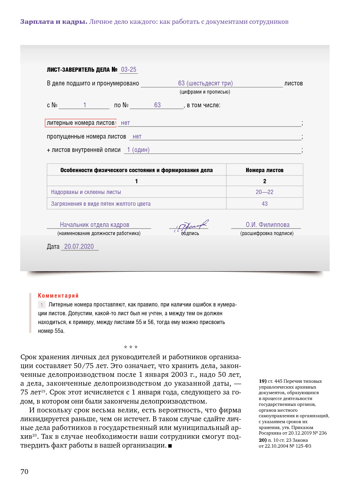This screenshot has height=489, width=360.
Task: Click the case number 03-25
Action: click(128, 69)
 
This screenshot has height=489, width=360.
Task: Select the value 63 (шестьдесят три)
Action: click(205, 83)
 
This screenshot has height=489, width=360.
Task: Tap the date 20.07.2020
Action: click(79, 246)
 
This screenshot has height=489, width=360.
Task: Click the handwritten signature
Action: click(190, 225)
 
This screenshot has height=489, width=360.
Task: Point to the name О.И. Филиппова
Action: click(267, 225)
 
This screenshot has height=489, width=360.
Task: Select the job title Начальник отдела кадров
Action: click(95, 225)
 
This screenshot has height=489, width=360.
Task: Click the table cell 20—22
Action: click(264, 192)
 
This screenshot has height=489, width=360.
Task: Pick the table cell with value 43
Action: click(264, 204)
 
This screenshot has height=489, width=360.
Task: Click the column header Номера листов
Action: click(264, 170)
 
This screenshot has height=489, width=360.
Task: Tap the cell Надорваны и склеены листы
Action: click(86, 192)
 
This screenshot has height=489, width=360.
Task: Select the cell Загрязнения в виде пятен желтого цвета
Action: click(101, 204)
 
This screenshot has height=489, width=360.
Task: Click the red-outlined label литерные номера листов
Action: click(81, 123)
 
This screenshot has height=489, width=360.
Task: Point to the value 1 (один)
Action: click(138, 150)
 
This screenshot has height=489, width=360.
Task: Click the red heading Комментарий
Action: click(58, 296)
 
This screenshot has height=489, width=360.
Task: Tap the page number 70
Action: click(24, 471)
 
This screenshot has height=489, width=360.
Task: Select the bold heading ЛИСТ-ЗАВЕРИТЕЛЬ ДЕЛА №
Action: click(82, 69)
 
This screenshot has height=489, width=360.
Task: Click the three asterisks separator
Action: click(131, 347)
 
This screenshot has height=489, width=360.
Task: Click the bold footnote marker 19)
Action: click(262, 381)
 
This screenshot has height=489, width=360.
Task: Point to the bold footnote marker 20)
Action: click(262, 440)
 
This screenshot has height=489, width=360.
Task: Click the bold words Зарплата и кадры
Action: click(53, 22)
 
